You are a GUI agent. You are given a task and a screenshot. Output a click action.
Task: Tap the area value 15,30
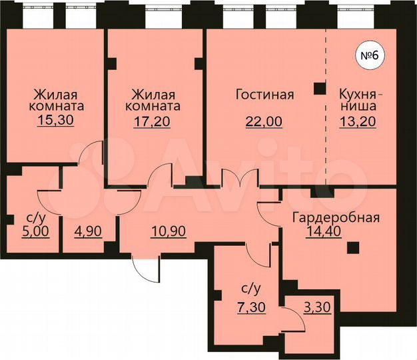(55, 121)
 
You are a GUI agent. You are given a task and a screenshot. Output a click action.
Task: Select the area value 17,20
(153, 121)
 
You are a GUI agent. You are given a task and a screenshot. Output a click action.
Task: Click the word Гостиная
(264, 95)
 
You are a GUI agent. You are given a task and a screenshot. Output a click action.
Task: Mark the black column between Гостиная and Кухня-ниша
(320, 87)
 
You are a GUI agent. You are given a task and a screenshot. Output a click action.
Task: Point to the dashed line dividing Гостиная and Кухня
(326, 133)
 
